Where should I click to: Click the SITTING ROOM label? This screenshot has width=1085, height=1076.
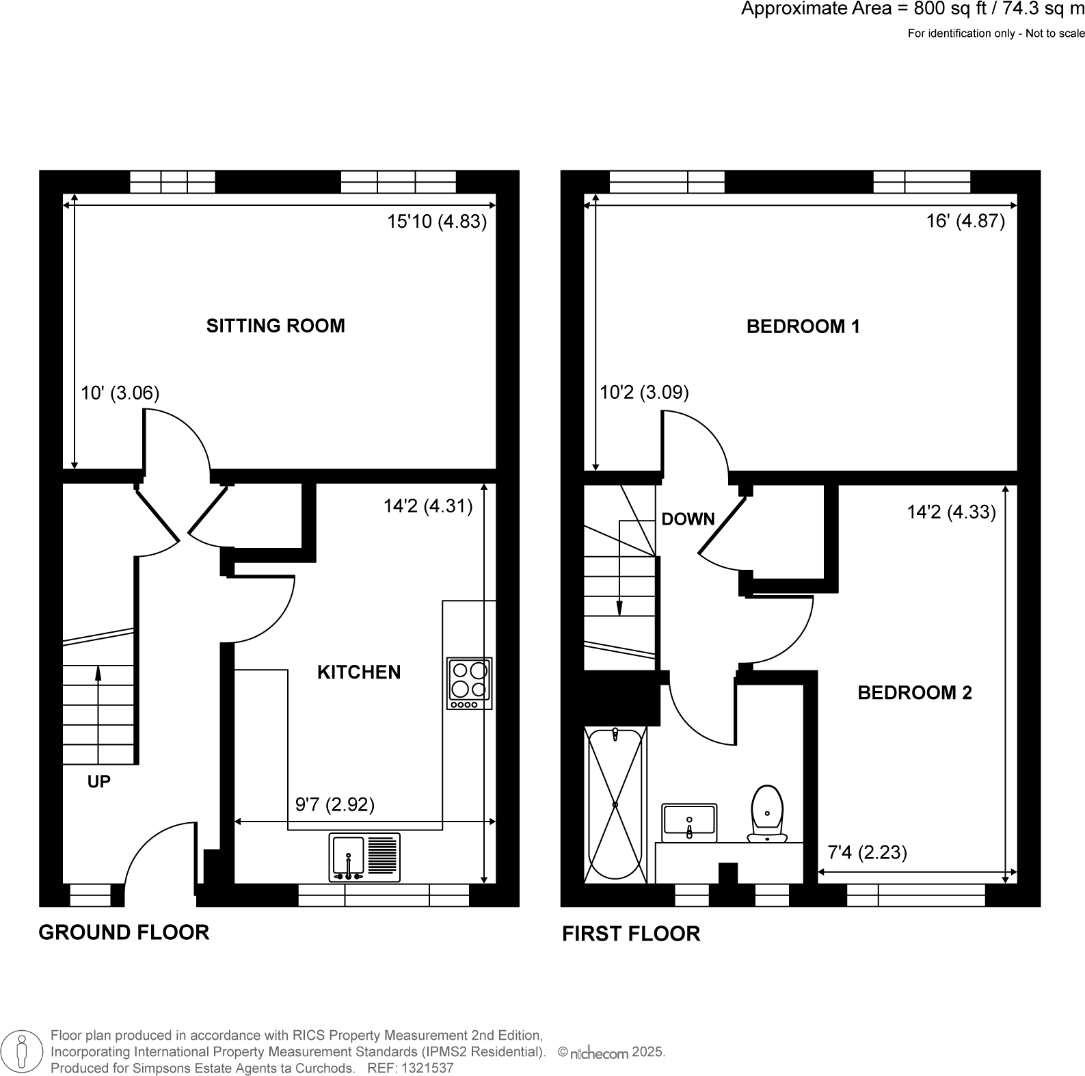tap(276, 326)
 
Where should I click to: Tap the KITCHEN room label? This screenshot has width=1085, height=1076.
tap(359, 672)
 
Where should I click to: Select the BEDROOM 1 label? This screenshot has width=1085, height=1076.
tap(803, 327)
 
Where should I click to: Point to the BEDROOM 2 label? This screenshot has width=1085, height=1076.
tap(914, 693)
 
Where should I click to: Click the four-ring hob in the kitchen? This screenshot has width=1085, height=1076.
tap(470, 683)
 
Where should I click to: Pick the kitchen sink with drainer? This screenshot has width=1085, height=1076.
tap(364, 857)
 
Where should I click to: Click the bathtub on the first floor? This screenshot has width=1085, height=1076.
tap(615, 805)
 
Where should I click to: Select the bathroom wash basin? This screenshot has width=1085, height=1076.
tap(689, 822)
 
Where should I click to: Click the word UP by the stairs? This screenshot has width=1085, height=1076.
tap(99, 782)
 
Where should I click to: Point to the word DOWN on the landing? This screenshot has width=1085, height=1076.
tap(688, 519)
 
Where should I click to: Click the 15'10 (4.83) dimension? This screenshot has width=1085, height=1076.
tap(437, 222)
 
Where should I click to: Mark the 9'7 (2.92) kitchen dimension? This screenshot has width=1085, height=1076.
tap(335, 804)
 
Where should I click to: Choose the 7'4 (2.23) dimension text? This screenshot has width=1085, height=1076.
tap(867, 852)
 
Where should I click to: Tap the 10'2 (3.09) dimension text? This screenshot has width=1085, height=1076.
tap(644, 393)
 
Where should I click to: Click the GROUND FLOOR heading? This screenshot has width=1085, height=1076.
tap(124, 932)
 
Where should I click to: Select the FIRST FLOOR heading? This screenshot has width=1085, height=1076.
tap(631, 934)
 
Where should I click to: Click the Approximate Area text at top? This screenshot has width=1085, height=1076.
tap(912, 10)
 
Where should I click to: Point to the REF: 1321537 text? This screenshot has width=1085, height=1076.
tap(410, 1068)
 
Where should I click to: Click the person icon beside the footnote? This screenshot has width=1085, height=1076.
tap(23, 1050)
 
